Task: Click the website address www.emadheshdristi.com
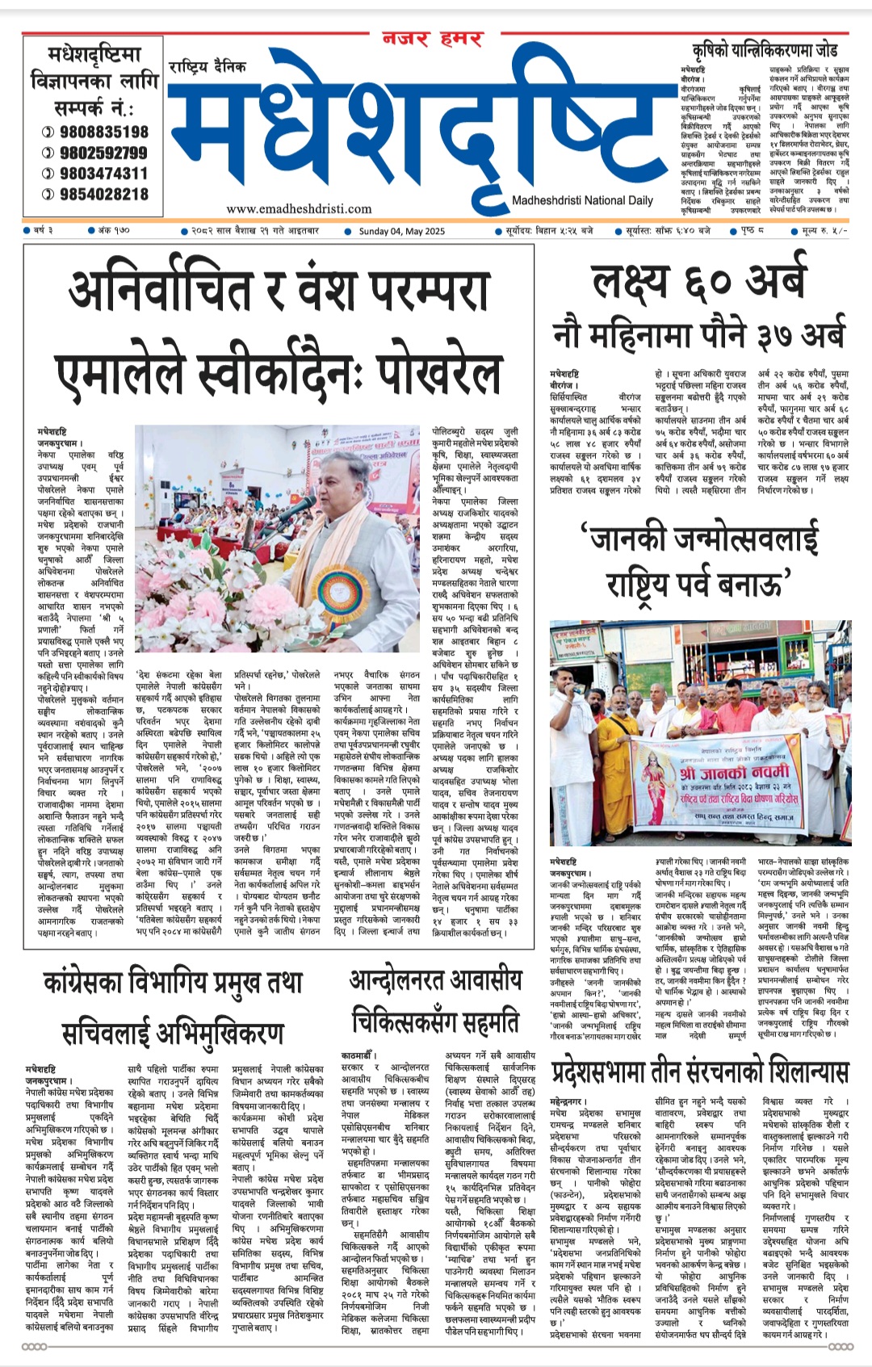click(299, 209)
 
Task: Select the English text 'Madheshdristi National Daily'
click(582, 200)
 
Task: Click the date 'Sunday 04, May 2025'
click(401, 231)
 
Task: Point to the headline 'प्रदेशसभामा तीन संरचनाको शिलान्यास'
click(700, 1072)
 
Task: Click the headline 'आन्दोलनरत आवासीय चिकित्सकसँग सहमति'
click(436, 1002)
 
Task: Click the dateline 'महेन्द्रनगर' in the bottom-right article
click(576, 1101)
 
